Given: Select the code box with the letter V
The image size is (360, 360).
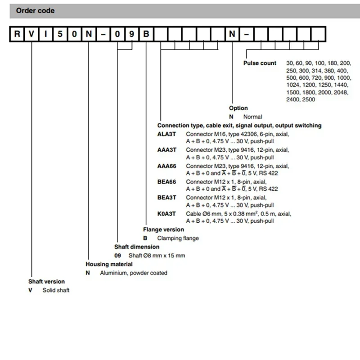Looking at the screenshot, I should (31, 35).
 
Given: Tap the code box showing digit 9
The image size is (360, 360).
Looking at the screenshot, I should (132, 35).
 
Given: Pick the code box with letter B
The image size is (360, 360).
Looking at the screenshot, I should (147, 35).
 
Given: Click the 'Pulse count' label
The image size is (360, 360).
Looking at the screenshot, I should (260, 63).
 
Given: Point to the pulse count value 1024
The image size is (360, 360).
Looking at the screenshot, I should (293, 85).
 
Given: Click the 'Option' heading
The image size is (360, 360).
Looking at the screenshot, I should (238, 108).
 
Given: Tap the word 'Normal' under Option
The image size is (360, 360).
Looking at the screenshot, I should (252, 117).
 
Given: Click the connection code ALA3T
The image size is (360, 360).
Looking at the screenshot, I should (166, 135).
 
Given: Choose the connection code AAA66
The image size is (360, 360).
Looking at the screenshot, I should (166, 166).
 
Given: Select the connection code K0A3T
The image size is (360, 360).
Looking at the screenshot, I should (166, 213).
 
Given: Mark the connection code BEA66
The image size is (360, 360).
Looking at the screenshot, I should (166, 182).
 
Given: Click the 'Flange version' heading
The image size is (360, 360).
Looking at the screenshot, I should (163, 229).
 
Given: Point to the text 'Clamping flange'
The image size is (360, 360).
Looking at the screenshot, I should (178, 238).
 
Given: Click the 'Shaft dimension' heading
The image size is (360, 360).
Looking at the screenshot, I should (137, 247).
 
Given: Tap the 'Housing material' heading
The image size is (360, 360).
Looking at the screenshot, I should (109, 264).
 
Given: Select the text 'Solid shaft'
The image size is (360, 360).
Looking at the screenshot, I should (56, 290).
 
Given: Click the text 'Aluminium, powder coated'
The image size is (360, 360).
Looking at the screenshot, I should (133, 273).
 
